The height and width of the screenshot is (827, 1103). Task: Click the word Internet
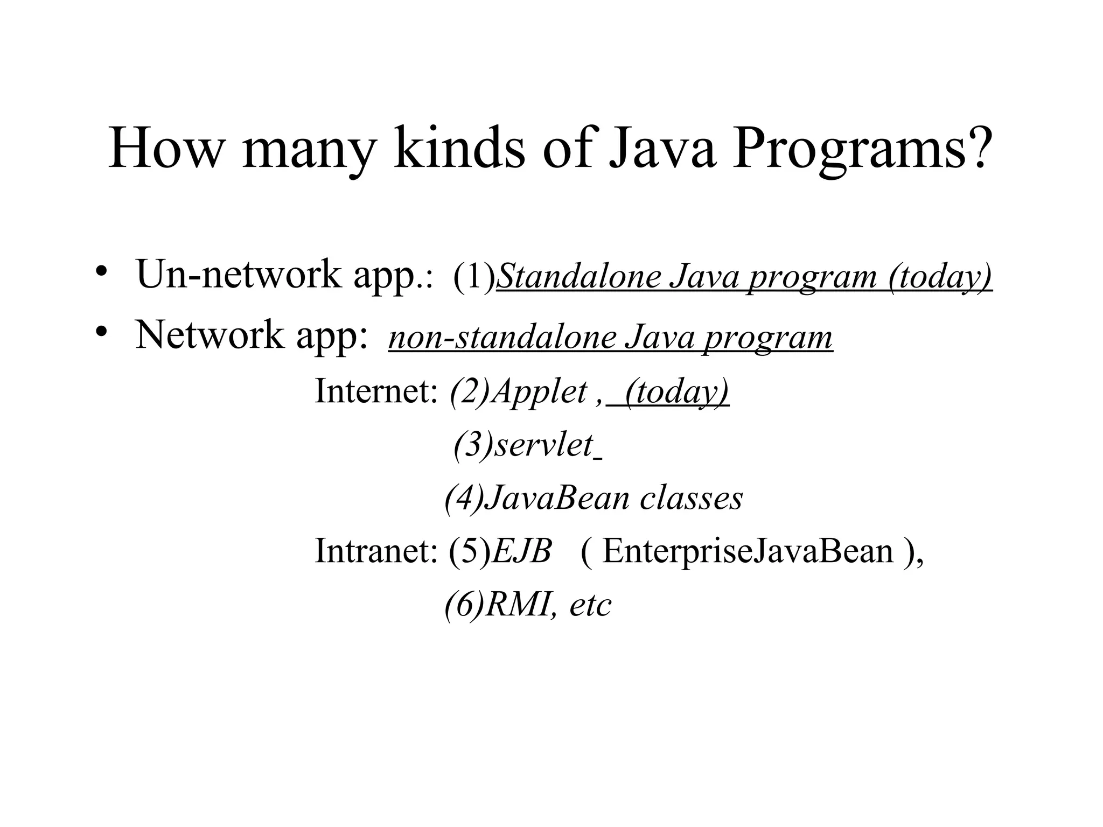pos(375,391)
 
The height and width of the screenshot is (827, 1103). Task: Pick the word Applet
pos(539,392)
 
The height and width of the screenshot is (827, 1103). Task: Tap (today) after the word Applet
pos(676,392)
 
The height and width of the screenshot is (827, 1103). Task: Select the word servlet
pos(543,445)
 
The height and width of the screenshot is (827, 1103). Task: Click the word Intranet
pos(375,551)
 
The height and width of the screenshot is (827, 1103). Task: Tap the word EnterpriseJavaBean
pos(748,551)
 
